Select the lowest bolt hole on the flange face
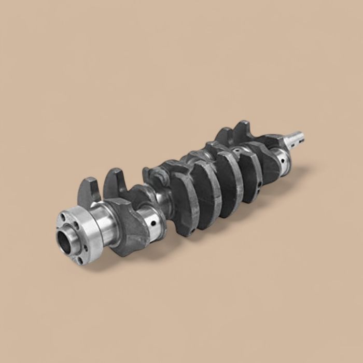(x=79, y=260)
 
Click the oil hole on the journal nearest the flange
(x=154, y=224)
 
